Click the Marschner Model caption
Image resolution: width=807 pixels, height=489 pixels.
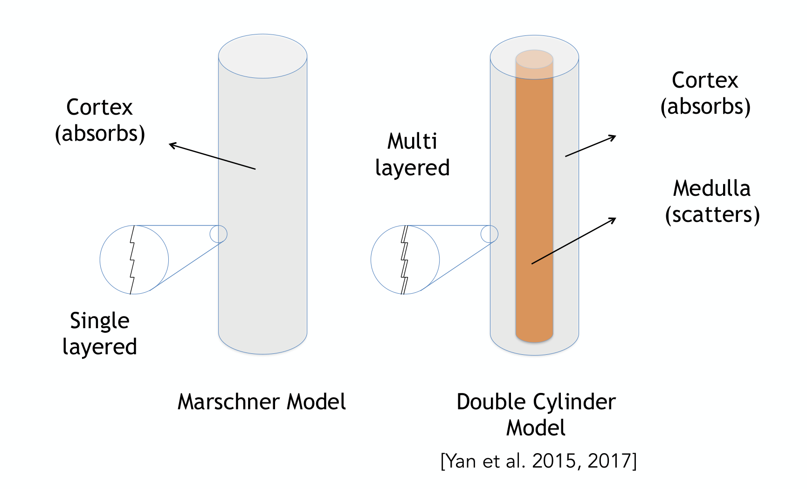[x=262, y=402]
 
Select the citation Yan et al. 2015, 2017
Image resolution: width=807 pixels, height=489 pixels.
[x=538, y=461]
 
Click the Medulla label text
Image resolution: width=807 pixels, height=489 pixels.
[x=712, y=189]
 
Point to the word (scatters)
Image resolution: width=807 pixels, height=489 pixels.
[x=712, y=215]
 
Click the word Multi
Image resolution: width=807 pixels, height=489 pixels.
[x=412, y=141]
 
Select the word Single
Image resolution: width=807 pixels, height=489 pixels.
[x=100, y=321]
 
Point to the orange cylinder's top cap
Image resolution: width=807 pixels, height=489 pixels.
[x=534, y=60]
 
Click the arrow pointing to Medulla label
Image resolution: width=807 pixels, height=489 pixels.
[x=574, y=241]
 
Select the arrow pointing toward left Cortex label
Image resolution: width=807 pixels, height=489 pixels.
[x=212, y=156]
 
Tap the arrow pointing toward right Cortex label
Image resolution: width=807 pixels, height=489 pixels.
[x=591, y=146]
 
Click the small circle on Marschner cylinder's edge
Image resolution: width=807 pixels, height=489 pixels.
[x=218, y=226]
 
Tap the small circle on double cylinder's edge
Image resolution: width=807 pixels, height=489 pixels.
[x=490, y=226]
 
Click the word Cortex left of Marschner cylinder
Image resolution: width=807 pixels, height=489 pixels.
[x=99, y=108]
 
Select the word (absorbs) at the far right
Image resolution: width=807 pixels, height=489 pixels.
[x=705, y=107]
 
